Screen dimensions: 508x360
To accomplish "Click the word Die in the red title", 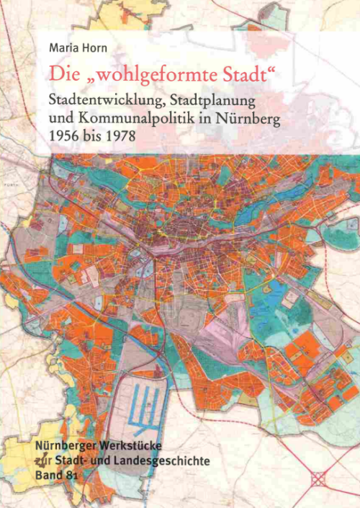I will point(60,73).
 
